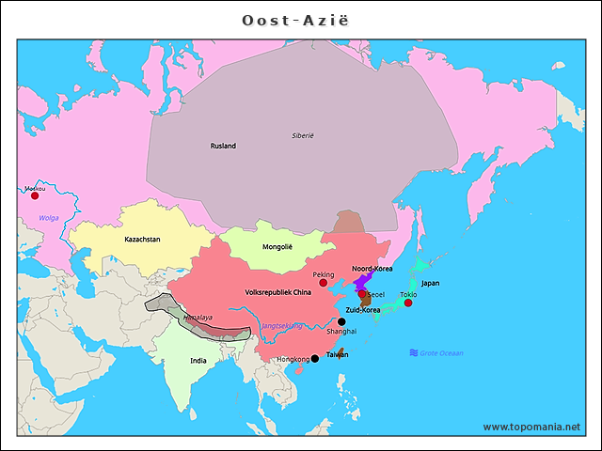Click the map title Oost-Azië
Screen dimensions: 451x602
coord(300,20)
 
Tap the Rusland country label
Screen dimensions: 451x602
coord(223,146)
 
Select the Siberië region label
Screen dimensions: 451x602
coord(302,136)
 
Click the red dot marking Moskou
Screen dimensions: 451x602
coord(35,195)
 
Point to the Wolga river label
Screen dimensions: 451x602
coord(48,218)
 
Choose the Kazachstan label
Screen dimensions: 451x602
coord(142,240)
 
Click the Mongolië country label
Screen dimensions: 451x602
coord(277,247)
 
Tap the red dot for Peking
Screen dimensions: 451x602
coord(323,283)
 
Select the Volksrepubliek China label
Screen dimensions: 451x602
coord(277,291)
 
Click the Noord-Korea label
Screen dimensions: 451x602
coord(372,269)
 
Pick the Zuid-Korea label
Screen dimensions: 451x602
coord(362,309)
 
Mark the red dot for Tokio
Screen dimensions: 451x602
coord(408,303)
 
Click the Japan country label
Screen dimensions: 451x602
coord(430,283)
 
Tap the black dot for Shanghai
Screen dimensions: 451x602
coord(341,321)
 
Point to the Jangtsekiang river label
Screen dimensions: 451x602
coord(282,325)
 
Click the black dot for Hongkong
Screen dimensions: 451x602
coord(314,358)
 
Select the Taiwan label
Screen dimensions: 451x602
coord(337,354)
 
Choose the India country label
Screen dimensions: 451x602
coord(198,360)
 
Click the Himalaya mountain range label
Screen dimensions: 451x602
coord(198,318)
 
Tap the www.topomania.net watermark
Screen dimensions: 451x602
coord(531,427)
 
